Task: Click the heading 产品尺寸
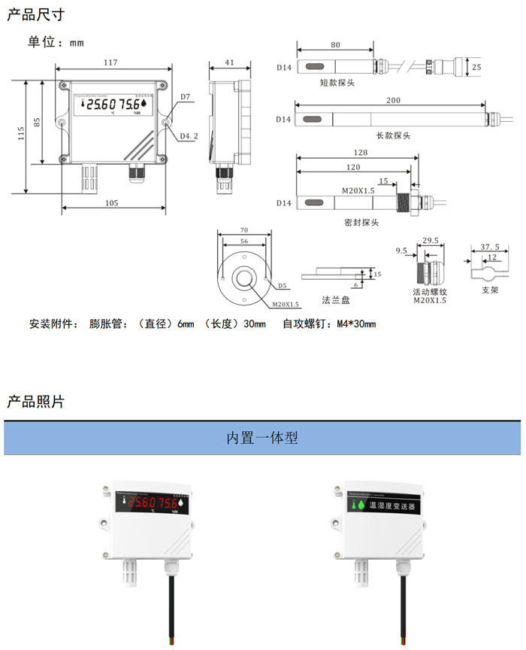35,15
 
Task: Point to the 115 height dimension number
22,133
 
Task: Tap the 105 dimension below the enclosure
110,202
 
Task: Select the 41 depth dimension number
229,63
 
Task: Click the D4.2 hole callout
189,136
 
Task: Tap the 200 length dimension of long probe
392,100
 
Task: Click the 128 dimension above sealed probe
360,152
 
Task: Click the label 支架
489,289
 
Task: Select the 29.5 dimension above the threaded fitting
431,241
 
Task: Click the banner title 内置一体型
262,438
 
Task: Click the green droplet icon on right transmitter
359,506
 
